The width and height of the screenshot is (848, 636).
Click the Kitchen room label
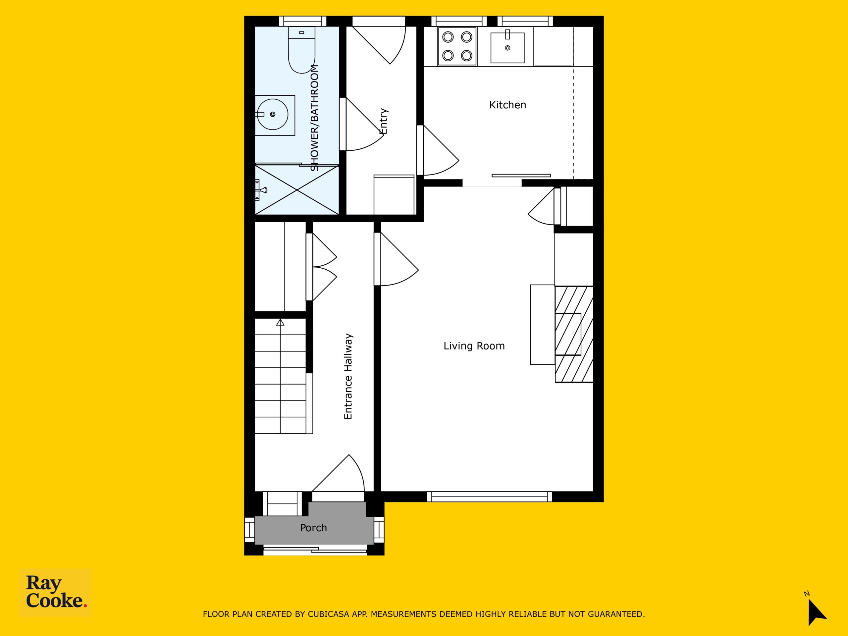point(507,105)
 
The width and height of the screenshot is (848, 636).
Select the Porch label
point(313,528)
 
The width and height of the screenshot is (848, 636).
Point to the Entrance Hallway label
point(348,376)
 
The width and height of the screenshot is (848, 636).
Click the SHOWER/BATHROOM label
point(314,118)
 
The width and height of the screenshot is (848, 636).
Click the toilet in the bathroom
point(302,50)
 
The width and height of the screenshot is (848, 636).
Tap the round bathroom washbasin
point(272,114)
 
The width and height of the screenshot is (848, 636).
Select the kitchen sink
point(507,48)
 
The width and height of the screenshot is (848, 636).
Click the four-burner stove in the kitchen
point(457,46)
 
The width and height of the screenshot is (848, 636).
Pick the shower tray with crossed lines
point(297,190)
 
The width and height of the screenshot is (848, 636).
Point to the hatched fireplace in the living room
point(574,334)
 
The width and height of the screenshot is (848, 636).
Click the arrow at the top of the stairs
point(281,322)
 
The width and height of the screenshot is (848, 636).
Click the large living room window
point(490,497)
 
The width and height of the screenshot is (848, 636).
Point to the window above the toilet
point(302,21)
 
